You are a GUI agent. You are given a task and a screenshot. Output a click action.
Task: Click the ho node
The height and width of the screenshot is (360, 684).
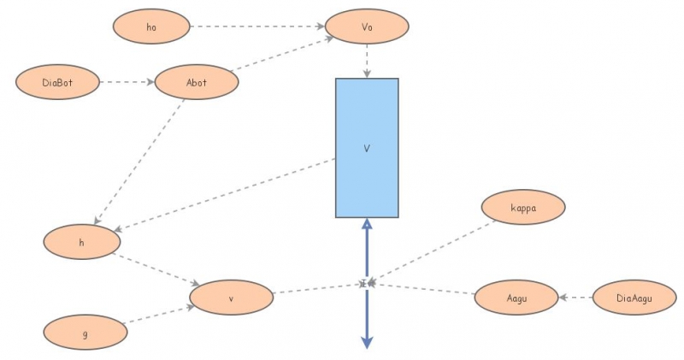[x=151, y=27]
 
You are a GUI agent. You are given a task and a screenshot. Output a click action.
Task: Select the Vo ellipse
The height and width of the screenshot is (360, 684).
[x=367, y=27]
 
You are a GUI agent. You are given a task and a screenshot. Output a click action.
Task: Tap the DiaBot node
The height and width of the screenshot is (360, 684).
[x=56, y=82]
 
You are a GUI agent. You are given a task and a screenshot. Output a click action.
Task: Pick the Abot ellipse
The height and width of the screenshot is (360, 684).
[x=196, y=82]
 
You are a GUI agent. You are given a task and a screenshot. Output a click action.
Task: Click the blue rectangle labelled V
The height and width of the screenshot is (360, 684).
[x=367, y=148]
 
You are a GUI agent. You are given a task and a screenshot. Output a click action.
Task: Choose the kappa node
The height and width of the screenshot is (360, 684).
[x=523, y=208]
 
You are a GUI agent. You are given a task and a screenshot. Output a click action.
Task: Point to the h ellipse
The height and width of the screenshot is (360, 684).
[x=82, y=242]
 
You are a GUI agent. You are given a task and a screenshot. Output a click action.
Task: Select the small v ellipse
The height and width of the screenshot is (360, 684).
[x=231, y=298]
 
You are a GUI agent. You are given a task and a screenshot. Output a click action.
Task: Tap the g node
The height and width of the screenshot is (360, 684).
[x=85, y=332]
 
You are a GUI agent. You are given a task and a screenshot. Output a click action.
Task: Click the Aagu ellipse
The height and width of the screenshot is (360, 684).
[x=516, y=297]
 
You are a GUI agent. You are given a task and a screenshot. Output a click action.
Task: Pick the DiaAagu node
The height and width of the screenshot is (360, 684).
[x=634, y=297]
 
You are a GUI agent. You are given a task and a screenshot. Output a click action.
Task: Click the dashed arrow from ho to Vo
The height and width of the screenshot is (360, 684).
[x=256, y=27]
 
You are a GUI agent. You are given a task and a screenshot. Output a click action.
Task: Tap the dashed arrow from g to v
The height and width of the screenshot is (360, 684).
[x=158, y=315]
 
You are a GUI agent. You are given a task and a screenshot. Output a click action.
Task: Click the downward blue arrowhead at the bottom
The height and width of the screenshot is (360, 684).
[x=367, y=341]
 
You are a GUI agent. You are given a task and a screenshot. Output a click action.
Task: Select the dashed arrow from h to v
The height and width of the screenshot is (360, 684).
[x=156, y=269]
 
